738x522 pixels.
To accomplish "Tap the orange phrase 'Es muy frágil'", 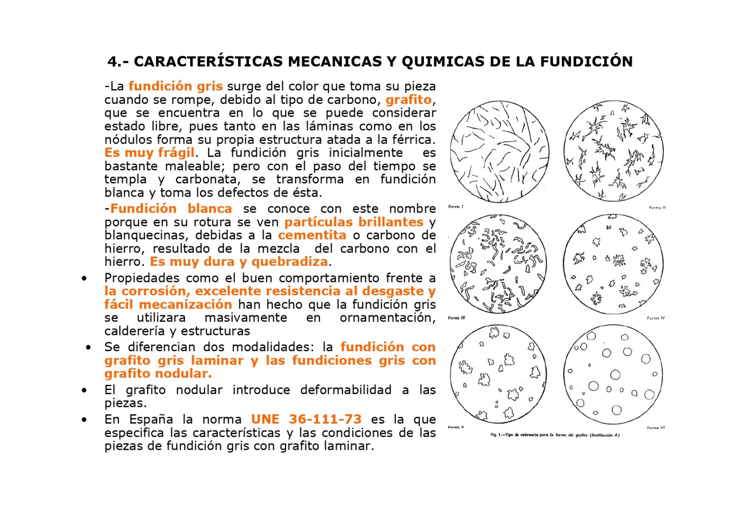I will coord(149,152).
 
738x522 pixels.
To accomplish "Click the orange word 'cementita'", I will coord(312,235).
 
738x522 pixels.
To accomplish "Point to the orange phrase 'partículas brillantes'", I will coord(354,222).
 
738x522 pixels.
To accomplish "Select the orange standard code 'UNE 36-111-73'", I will coord(306,419).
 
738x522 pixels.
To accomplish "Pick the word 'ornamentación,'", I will coord(387,318).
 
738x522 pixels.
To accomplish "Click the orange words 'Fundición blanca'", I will coord(171,209).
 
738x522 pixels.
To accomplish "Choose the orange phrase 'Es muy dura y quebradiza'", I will coord(238,262).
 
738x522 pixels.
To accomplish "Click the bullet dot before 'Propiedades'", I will coord(83,278).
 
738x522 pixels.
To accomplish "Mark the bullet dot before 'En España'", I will coord(83,420).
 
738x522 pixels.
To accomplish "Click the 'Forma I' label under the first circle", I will coord(456,207).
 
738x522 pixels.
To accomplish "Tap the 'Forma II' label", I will coord(657,208).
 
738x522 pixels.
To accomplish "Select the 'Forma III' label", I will coord(457,318).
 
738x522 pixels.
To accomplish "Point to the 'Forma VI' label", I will coord(655,428).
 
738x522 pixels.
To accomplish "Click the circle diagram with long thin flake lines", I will coord(500,151).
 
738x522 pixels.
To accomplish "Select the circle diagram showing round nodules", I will coord(613,374).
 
